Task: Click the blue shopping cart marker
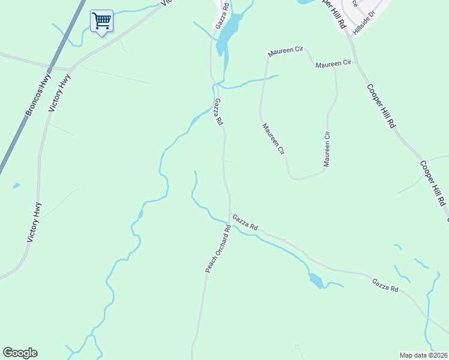[101, 22]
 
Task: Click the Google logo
[20, 353]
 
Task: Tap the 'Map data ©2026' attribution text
[423, 355]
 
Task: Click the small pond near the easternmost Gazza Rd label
[315, 280]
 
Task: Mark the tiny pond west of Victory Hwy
[16, 185]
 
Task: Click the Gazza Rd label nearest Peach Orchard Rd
[245, 223]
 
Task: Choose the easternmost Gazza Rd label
[384, 285]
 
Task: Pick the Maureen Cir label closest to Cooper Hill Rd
[333, 64]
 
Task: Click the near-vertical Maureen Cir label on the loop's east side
[327, 149]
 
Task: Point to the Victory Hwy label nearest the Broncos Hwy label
[60, 93]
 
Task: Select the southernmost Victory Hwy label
[35, 222]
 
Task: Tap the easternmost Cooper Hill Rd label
[432, 182]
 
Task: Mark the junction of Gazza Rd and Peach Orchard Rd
[230, 213]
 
